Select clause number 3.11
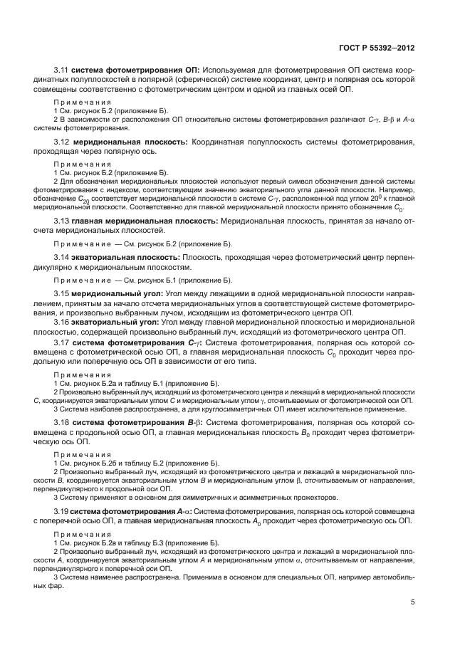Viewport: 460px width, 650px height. (x=62, y=70)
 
